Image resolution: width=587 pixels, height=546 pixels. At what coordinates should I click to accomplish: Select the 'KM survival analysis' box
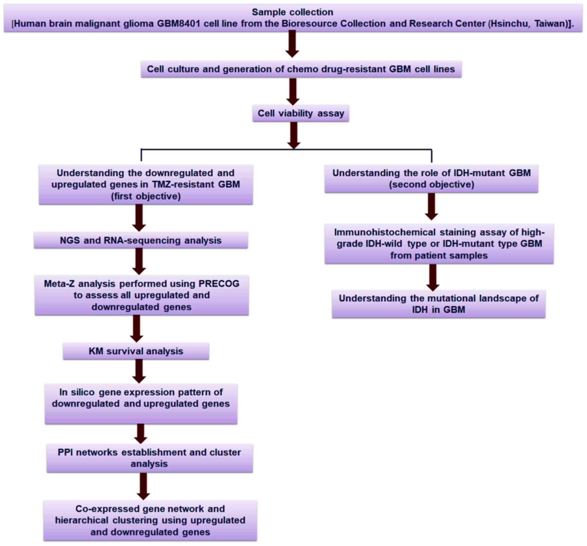[136, 351]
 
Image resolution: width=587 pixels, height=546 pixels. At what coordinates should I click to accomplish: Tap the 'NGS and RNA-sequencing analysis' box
[141, 240]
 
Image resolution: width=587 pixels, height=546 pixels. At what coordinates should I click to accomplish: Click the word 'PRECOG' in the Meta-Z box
[219, 283]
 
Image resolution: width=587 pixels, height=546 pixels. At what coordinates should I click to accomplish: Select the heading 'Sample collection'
[292, 12]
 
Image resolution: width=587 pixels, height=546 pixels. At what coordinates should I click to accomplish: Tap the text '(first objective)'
[146, 196]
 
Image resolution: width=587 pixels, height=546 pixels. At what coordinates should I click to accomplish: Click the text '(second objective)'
[431, 184]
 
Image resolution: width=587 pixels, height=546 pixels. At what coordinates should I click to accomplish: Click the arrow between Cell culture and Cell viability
[293, 92]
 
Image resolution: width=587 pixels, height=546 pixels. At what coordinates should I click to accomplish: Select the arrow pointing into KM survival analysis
[136, 329]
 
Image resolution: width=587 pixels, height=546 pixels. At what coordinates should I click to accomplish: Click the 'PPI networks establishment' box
[149, 458]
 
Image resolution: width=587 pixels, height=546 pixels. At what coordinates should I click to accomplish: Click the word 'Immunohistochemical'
[385, 232]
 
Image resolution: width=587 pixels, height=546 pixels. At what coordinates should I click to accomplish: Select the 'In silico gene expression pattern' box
[141, 403]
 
